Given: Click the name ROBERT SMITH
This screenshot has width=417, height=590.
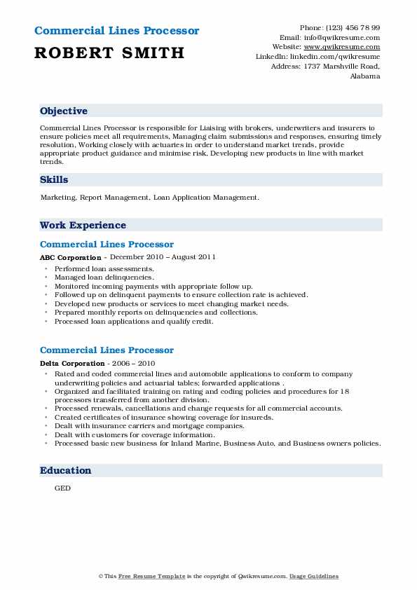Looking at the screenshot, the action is [x=109, y=53].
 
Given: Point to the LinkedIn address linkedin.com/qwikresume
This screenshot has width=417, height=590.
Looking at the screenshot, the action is [x=335, y=56].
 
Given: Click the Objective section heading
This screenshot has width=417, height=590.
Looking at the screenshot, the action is [x=64, y=111].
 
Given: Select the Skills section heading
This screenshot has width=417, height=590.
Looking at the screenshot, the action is [x=54, y=180].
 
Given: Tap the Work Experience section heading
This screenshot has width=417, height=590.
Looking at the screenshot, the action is [x=83, y=226].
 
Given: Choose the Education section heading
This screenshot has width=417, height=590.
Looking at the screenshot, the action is [x=65, y=471].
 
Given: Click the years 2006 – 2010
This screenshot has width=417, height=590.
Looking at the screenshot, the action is [x=131, y=364].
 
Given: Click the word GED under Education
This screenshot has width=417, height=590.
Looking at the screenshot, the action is [x=62, y=488].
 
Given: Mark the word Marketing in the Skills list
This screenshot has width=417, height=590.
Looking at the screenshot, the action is [x=57, y=198].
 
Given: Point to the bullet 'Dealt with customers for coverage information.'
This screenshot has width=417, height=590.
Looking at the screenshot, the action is [x=135, y=434].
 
